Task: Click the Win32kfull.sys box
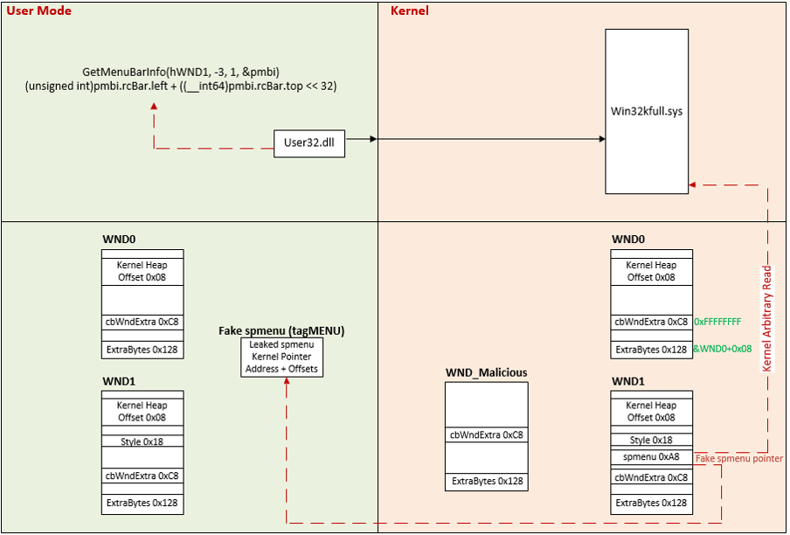(x=647, y=112)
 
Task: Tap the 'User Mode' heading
(x=39, y=11)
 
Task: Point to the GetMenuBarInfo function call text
(x=182, y=72)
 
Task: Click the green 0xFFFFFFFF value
(x=717, y=322)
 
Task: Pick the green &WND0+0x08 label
(x=723, y=349)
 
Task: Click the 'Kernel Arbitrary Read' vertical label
(x=767, y=318)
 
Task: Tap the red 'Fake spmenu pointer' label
(x=739, y=458)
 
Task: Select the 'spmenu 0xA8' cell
(x=652, y=457)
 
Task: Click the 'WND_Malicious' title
(x=486, y=372)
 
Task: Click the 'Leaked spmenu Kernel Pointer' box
(x=281, y=357)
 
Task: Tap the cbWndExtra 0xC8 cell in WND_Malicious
(x=486, y=434)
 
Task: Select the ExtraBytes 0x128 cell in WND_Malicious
(x=486, y=481)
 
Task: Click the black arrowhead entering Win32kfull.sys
(x=601, y=139)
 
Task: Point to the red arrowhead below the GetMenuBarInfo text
(x=154, y=106)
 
